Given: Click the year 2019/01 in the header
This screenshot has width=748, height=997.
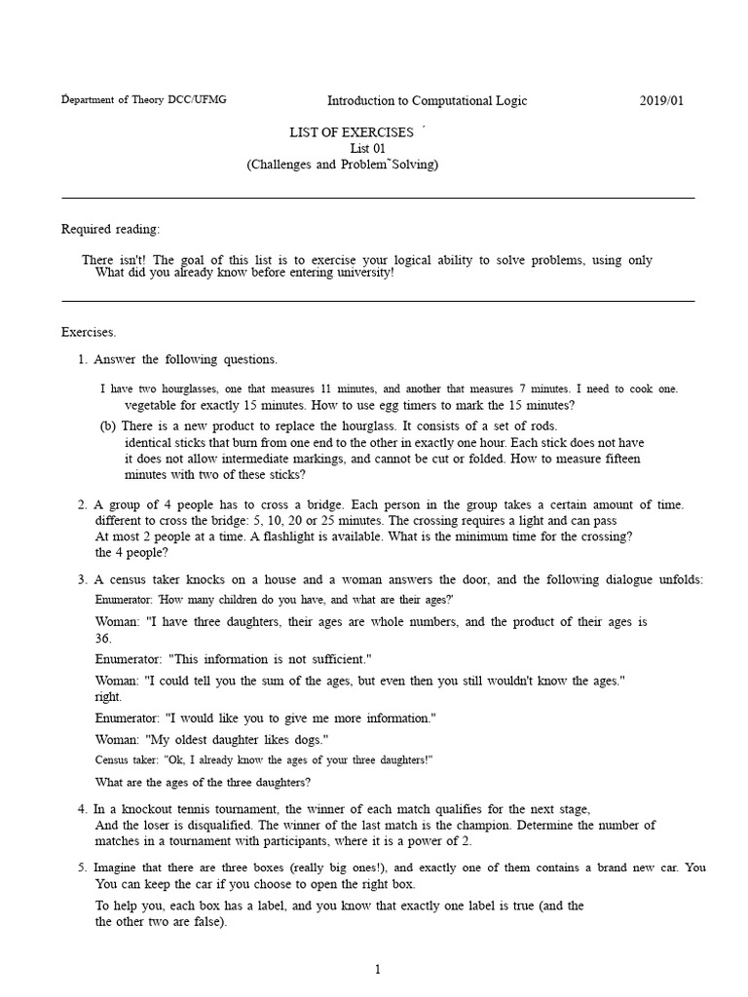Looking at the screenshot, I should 667,100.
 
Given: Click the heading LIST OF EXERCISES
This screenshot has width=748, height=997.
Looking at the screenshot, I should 352,131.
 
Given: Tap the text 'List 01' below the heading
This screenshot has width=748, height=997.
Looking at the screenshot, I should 367,148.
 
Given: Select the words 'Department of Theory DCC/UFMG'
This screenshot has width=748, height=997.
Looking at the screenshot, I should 144,100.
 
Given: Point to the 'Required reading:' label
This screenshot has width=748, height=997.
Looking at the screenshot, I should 111,229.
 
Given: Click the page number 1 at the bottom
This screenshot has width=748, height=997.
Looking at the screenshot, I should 378,969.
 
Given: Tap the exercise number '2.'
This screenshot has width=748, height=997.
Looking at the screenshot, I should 83,504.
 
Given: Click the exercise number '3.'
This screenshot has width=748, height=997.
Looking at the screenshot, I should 83,579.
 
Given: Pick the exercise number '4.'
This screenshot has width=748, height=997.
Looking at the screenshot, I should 83,809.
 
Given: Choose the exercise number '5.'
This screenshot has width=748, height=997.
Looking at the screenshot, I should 83,868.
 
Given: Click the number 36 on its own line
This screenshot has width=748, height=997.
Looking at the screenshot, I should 103,639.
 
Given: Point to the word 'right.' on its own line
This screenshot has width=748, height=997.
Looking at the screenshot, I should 109,697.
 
